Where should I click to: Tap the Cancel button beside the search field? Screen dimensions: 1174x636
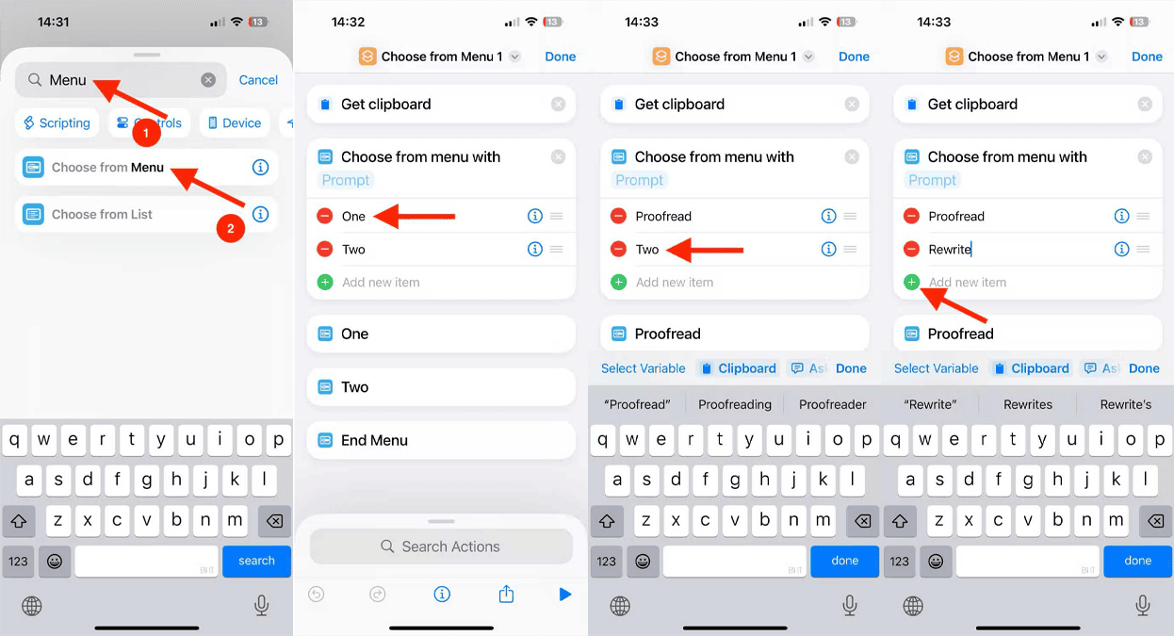(x=258, y=80)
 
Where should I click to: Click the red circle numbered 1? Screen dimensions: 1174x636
(x=146, y=133)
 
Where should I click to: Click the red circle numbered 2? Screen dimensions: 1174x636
(x=231, y=228)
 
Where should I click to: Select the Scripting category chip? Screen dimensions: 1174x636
(x=57, y=122)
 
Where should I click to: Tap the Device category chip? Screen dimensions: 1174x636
(x=235, y=122)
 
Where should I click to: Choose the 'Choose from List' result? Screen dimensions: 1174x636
(x=102, y=215)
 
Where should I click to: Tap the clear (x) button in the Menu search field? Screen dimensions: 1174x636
(x=208, y=80)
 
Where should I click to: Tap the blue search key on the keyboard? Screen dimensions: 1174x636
(x=256, y=561)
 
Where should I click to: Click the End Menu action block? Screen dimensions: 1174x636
(x=441, y=440)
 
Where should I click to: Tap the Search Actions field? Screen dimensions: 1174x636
(x=441, y=546)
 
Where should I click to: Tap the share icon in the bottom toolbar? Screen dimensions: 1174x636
(x=506, y=594)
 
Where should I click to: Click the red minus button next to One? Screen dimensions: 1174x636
(x=325, y=216)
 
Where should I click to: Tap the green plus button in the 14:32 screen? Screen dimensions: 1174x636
(x=325, y=282)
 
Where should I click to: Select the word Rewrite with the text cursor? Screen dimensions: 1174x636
(x=949, y=249)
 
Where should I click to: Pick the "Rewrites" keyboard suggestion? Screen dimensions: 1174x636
(x=1028, y=404)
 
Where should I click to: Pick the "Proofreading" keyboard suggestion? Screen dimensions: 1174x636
(x=735, y=404)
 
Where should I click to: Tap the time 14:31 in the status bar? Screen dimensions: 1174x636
(x=53, y=22)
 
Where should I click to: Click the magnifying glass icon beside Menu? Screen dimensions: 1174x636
(x=35, y=80)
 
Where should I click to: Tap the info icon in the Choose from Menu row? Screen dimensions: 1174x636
(x=260, y=168)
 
